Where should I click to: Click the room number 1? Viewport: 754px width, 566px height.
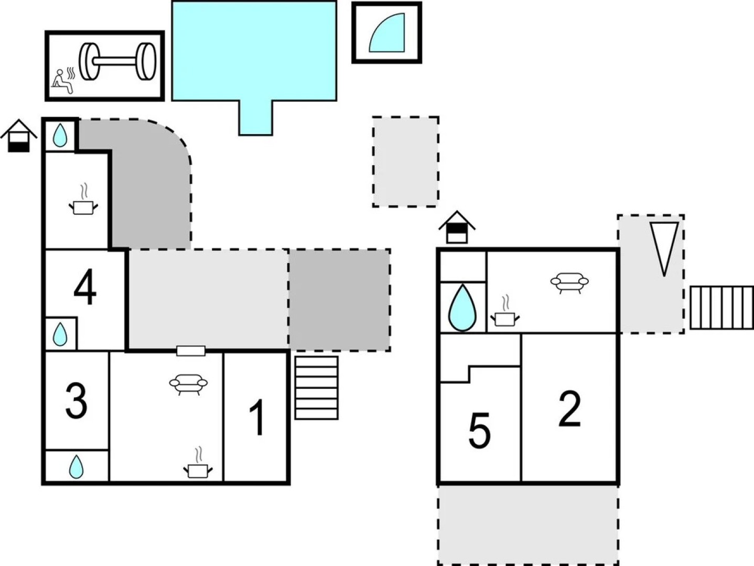[257, 417]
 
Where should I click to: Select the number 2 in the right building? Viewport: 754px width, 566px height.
[570, 408]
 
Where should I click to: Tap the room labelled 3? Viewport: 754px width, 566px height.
[76, 401]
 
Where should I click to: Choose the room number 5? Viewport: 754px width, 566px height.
[480, 430]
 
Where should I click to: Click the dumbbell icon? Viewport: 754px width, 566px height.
[117, 62]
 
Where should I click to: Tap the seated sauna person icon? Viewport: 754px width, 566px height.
[63, 81]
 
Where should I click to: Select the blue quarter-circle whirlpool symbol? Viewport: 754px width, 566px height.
[387, 32]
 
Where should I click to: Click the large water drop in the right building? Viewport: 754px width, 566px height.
[462, 308]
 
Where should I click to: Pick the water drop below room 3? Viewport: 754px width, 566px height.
[76, 467]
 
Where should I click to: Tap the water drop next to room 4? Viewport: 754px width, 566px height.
[60, 334]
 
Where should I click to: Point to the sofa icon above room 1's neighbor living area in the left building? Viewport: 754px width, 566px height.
[189, 385]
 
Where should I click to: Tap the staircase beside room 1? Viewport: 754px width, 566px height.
[316, 388]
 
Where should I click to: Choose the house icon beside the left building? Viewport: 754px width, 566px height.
[19, 136]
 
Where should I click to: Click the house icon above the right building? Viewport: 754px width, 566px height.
[457, 227]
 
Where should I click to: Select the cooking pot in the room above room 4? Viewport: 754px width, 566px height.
[83, 202]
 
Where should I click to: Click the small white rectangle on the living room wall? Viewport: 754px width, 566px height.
[191, 351]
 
